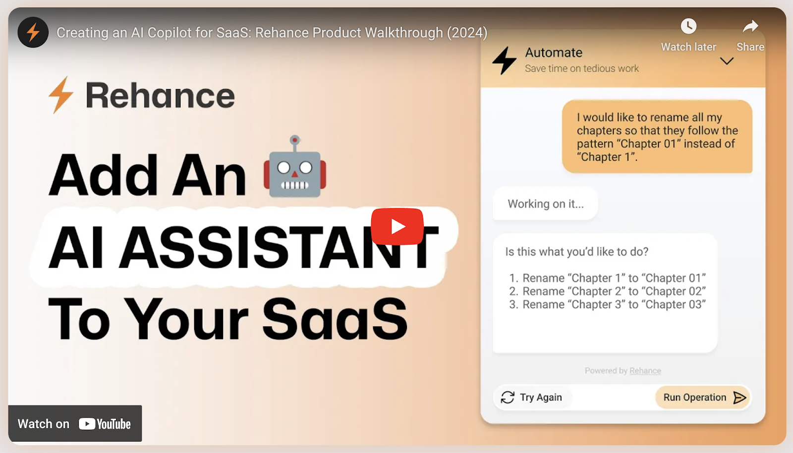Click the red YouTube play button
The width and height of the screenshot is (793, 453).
point(397,226)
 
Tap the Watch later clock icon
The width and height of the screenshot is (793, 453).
point(688,26)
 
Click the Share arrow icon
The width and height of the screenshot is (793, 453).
point(750,26)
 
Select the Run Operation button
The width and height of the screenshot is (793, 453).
point(703,397)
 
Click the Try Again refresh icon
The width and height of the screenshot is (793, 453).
point(508,397)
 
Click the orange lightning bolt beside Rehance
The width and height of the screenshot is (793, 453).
point(61,95)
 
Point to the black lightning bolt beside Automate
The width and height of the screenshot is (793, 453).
point(504,60)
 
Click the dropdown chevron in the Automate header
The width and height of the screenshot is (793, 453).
point(727,61)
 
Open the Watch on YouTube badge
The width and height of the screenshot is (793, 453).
point(75,424)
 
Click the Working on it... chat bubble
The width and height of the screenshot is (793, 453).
point(545,204)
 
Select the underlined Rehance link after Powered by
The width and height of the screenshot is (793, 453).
point(645,371)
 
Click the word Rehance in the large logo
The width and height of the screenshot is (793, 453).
point(160,96)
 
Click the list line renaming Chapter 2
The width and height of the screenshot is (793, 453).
point(607,291)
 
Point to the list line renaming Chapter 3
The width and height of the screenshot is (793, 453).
point(607,304)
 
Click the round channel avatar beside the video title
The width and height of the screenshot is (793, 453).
point(33,32)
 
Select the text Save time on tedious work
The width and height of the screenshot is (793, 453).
point(582,68)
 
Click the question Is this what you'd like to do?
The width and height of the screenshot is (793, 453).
point(577,252)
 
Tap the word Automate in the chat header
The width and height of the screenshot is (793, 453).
point(554,53)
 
